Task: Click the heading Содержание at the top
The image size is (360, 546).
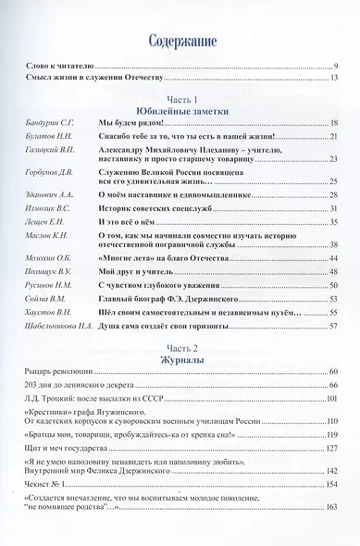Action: click(x=180, y=41)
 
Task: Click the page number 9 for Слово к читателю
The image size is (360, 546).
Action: click(x=335, y=67)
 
